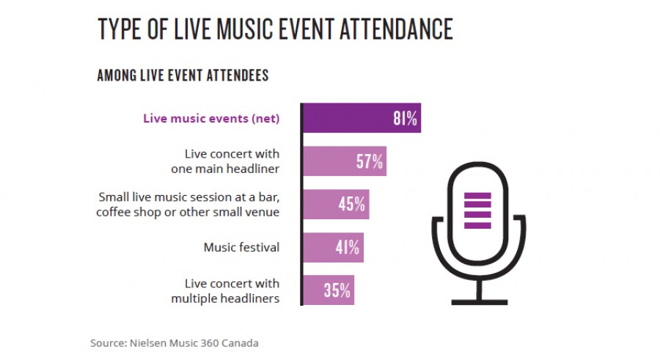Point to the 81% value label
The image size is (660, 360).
[x=405, y=118]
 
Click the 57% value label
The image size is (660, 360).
[x=370, y=161]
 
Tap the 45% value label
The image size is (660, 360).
[x=352, y=205]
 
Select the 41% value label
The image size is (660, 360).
[x=348, y=247]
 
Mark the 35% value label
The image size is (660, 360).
[x=337, y=290]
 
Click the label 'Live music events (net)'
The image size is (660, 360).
[x=211, y=118]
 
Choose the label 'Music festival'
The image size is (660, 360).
[x=241, y=247]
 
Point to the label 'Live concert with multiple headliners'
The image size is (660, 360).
[x=225, y=290]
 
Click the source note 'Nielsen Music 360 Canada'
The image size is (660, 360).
[x=175, y=342]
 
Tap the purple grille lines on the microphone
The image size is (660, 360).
[x=477, y=210]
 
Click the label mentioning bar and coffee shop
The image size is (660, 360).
[x=188, y=205]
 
